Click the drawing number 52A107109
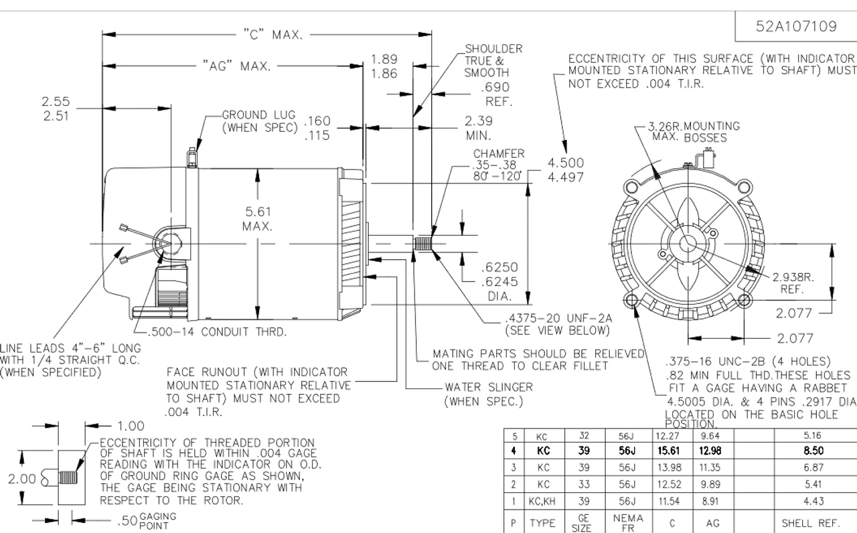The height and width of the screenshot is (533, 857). coord(796,26)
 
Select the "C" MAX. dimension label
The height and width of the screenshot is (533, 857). coord(273,35)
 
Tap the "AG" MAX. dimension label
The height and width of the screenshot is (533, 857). coord(236,66)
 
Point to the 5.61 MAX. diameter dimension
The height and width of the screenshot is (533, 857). coord(258,218)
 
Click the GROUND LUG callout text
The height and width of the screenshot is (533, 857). coord(259,121)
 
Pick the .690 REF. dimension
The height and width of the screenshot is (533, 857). coord(496,94)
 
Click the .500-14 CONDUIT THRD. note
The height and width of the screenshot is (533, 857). coord(218,331)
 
